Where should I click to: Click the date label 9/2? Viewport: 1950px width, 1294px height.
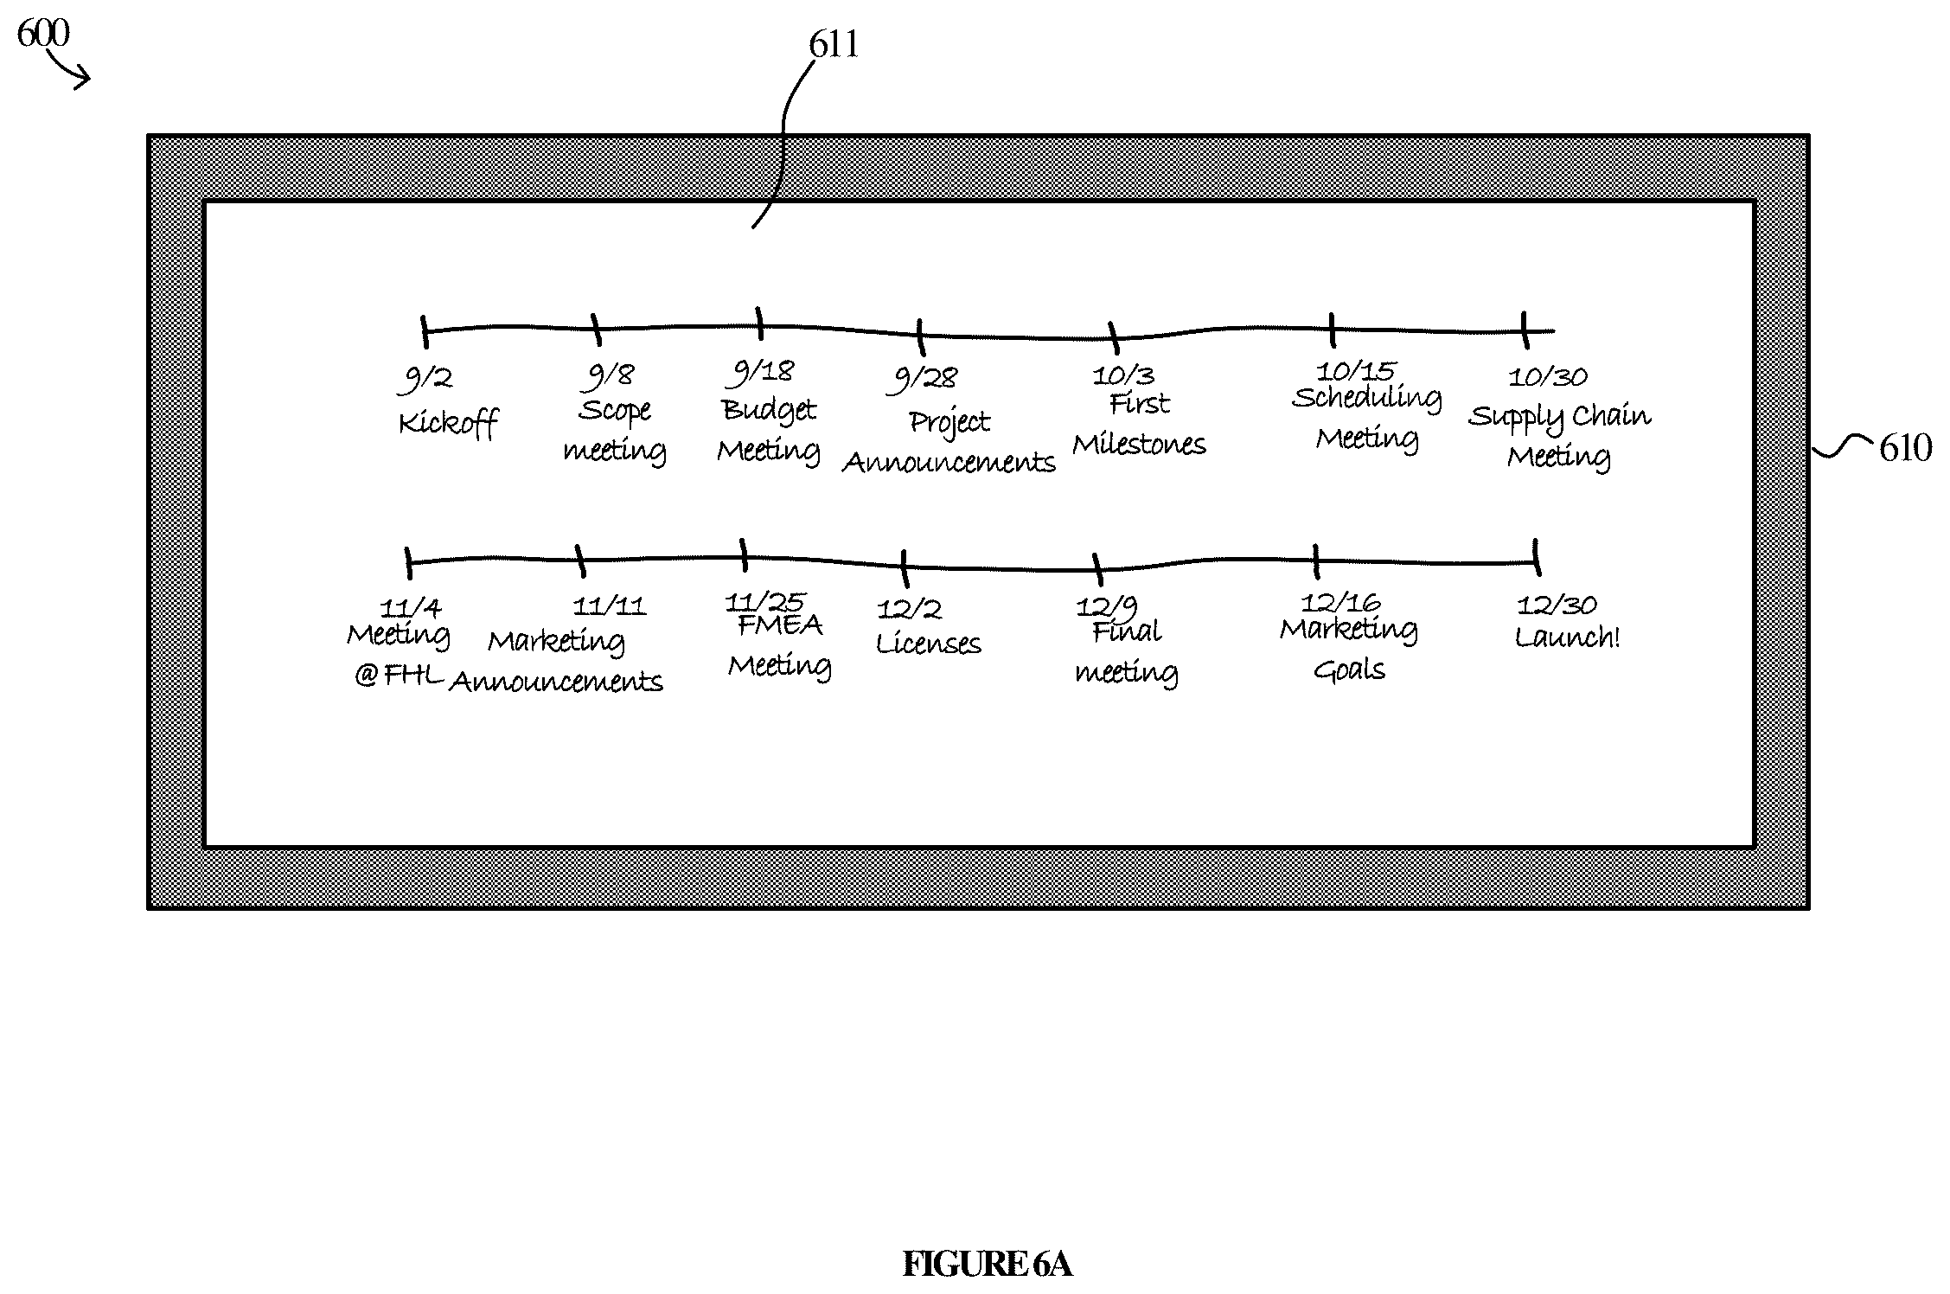(427, 380)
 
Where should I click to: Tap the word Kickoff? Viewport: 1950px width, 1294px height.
(448, 424)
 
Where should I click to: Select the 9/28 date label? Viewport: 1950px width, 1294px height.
(924, 379)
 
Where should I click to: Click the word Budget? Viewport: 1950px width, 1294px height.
(769, 410)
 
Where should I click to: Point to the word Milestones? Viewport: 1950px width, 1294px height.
(1139, 445)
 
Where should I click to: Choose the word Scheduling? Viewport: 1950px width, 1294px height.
(1367, 398)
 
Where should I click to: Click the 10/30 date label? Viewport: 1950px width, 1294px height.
(1548, 376)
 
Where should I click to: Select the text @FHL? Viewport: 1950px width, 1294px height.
(399, 675)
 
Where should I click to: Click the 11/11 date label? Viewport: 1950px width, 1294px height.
(610, 605)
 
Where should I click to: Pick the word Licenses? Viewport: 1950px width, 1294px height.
(929, 644)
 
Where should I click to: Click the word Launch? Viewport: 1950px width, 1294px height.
(1567, 637)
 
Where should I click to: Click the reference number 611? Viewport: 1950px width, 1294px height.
(834, 44)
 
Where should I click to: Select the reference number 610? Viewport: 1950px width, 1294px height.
(1906, 448)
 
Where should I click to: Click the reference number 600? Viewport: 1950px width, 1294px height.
(43, 34)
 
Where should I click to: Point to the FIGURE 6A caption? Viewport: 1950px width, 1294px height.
(988, 1265)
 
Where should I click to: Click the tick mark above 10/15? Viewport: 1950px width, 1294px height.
(1333, 330)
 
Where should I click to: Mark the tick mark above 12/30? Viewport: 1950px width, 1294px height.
(1537, 557)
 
